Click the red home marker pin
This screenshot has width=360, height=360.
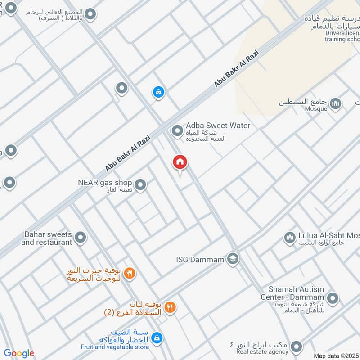tap(180, 162)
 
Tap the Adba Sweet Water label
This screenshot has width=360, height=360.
tap(218, 126)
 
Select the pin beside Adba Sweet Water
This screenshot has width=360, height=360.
tap(178, 131)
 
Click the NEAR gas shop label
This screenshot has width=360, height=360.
tap(105, 183)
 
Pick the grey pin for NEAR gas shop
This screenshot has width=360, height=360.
tap(140, 184)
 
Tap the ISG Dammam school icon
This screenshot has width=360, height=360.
tap(233, 258)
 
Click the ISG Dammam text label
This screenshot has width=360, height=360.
tap(200, 259)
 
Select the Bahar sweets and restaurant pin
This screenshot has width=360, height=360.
tap(81, 237)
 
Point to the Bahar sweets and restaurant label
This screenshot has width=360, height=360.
tap(46, 238)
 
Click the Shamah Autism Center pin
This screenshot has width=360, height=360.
tap(333, 297)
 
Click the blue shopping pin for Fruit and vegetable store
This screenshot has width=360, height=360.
tap(157, 337)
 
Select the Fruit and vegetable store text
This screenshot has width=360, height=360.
tap(115, 347)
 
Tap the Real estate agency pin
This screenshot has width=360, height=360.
tap(296, 347)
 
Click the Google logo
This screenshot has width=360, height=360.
tap(19, 353)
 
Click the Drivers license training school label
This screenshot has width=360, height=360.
tap(342, 36)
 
